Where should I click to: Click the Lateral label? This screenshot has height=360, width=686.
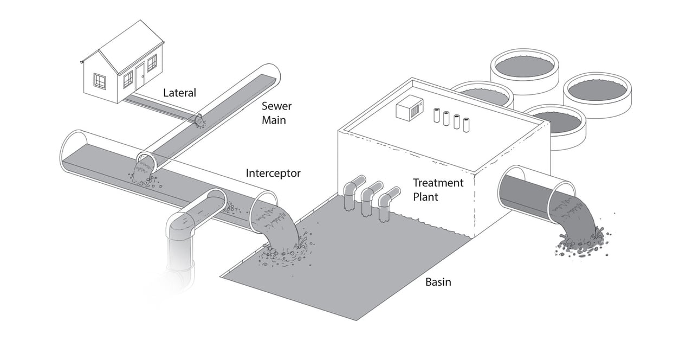tap(179, 93)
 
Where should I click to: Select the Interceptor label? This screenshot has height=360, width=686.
tap(273, 173)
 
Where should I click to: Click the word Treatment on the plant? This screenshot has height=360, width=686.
tap(438, 183)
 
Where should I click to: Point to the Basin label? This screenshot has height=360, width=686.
tap(438, 282)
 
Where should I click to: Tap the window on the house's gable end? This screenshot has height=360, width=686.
tap(100, 81)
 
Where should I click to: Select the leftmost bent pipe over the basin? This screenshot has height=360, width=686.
tap(351, 190)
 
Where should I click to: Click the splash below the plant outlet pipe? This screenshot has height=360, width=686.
tap(583, 244)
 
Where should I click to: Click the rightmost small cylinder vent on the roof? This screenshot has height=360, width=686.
tap(466, 124)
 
